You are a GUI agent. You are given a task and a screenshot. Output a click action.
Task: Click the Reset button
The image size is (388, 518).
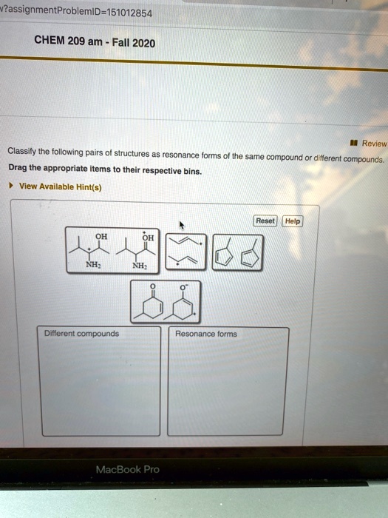tap(265, 221)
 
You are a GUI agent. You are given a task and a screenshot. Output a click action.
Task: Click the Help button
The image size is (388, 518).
tap(292, 221)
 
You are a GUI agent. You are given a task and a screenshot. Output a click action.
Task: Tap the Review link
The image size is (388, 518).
tap(373, 144)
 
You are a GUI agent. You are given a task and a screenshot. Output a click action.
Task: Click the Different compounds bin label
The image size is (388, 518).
tap(81, 334)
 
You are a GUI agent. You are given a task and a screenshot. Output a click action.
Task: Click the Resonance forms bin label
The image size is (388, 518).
tap(206, 334)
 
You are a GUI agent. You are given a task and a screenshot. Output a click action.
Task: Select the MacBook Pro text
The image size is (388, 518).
tap(127, 469)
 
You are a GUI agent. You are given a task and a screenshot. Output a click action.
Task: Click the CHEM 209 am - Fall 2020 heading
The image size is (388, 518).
tap(95, 43)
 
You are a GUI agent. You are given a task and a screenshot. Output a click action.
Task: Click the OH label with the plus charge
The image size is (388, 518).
tap(148, 237)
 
